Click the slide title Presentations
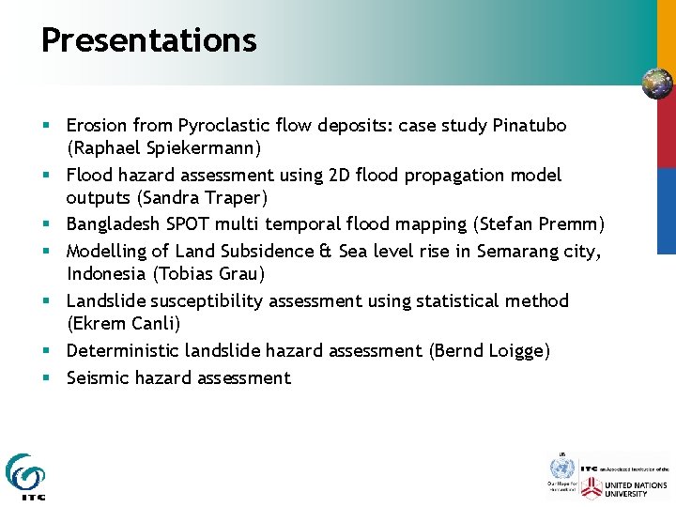[x=148, y=40]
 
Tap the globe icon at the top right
[x=657, y=84]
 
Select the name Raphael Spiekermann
[x=163, y=148]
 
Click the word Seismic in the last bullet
[x=99, y=377]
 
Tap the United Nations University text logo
[x=637, y=489]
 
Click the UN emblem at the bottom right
[x=561, y=469]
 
